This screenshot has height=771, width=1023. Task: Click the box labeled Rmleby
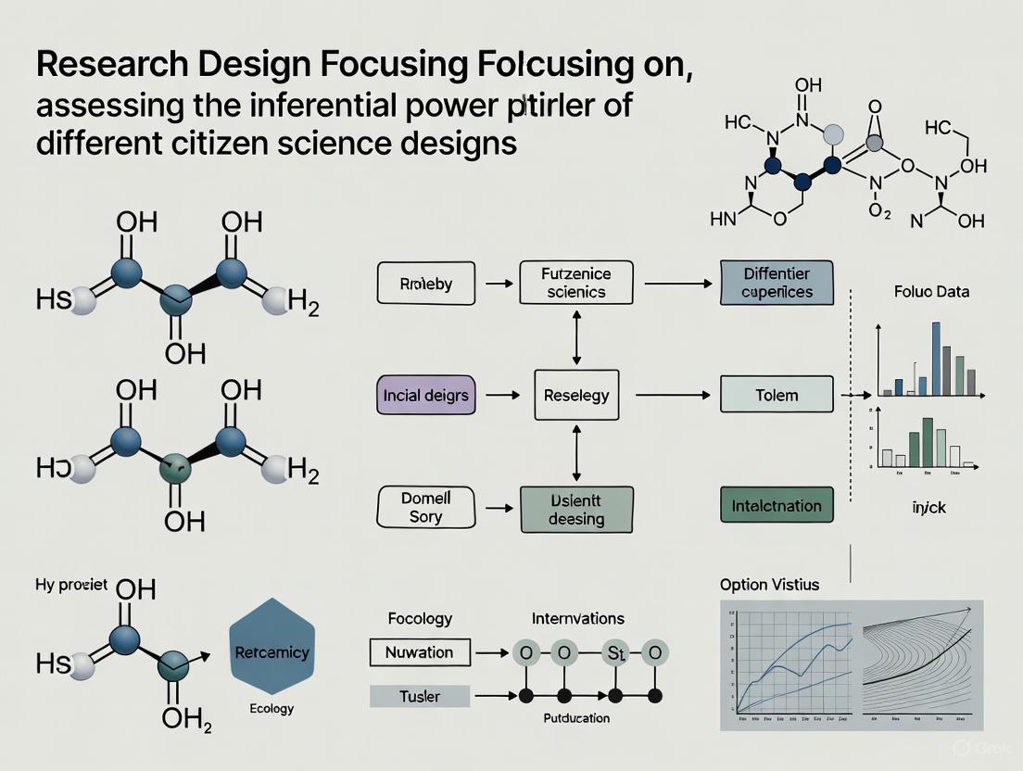(425, 284)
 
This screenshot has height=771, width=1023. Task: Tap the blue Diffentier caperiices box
(777, 284)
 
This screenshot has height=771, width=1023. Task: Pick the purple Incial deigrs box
(425, 395)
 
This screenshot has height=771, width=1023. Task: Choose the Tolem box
(777, 395)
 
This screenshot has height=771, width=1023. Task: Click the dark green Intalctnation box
(777, 506)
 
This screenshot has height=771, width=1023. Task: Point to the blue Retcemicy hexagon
(272, 652)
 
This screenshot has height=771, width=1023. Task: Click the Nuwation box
(420, 651)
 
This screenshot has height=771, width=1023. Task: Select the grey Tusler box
(420, 695)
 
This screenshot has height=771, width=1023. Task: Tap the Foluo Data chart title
(932, 291)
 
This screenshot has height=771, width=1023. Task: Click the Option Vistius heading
(769, 585)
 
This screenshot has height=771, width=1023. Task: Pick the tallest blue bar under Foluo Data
(935, 359)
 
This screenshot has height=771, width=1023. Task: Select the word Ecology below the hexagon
(272, 709)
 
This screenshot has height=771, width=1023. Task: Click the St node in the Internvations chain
(613, 651)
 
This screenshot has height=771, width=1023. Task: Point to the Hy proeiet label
(72, 585)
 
